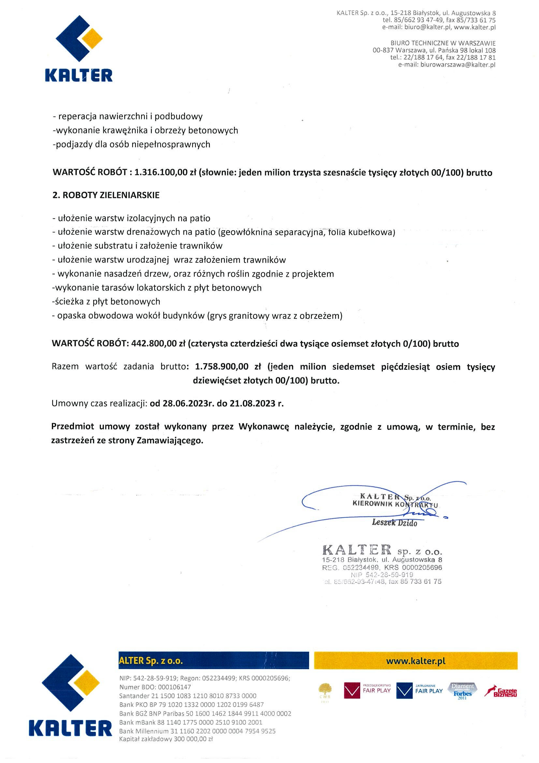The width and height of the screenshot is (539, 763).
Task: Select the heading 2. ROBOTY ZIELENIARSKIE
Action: point(106,195)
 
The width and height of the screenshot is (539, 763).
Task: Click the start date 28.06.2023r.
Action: point(187,403)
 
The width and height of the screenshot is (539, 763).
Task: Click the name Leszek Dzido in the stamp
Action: point(394,522)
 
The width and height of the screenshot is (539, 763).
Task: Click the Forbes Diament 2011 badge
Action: point(462,691)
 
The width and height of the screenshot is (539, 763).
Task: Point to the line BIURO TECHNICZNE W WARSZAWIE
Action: point(443,43)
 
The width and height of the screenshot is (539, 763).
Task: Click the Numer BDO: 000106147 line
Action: point(155,687)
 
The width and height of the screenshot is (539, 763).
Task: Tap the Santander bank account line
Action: point(188,696)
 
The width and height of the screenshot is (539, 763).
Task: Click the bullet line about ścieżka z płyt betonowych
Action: point(106,302)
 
